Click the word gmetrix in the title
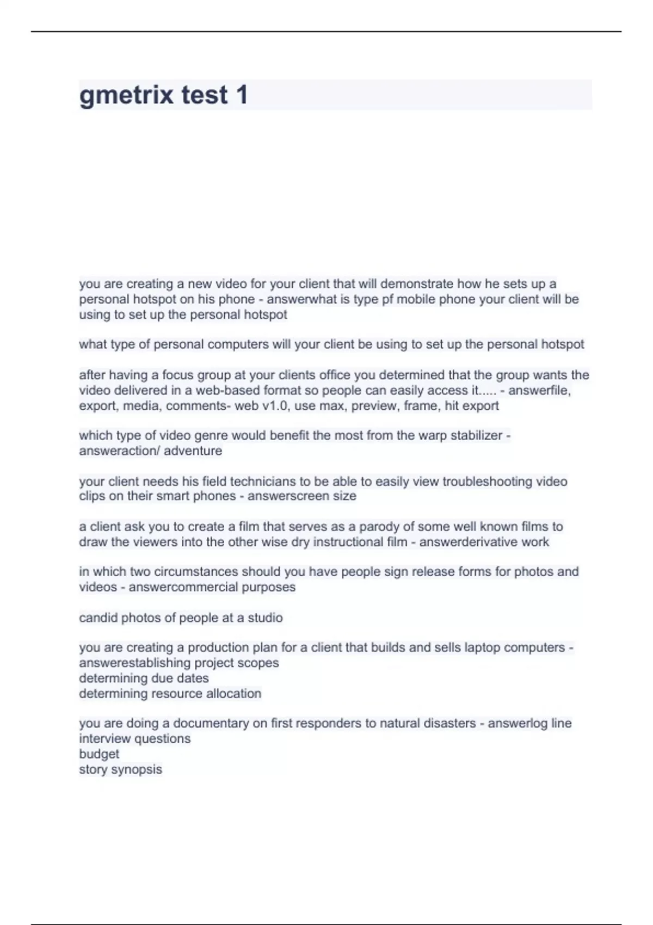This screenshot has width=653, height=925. pyautogui.click(x=126, y=95)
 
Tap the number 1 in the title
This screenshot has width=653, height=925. pyautogui.click(x=242, y=95)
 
